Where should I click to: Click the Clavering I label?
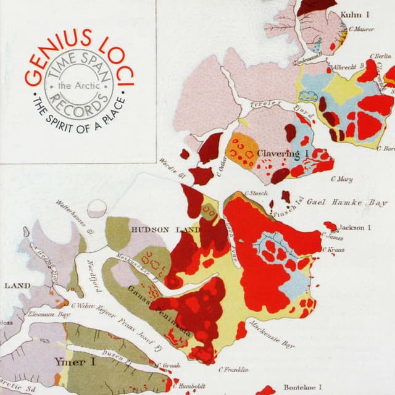pyautogui.click(x=282, y=153)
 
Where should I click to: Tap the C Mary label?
pyautogui.click(x=341, y=180)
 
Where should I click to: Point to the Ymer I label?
pyautogui.click(x=72, y=362)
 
